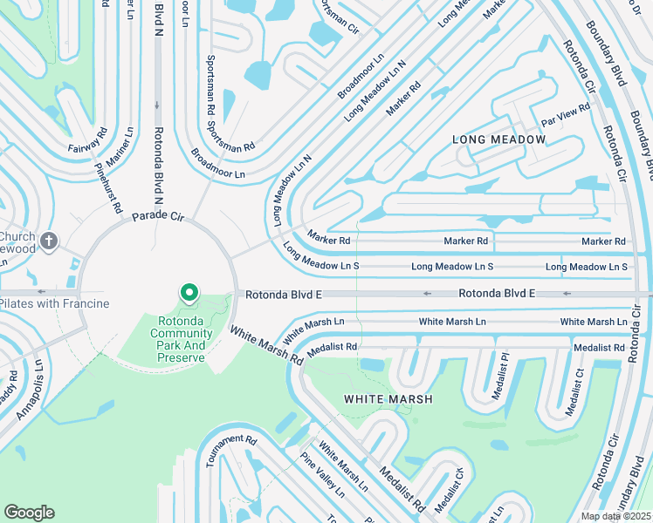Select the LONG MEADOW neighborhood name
pyautogui.click(x=498, y=139)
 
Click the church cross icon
pyautogui.click(x=50, y=241)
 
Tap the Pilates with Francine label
pyautogui.click(x=54, y=303)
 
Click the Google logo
pyautogui.click(x=29, y=513)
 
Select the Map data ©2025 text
pyautogui.click(x=615, y=516)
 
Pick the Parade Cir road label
pyautogui.click(x=159, y=215)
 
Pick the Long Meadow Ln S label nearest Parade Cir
pyautogui.click(x=321, y=257)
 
